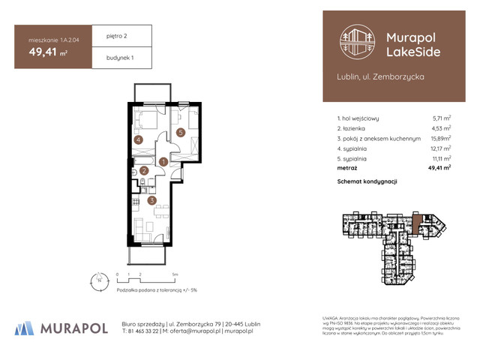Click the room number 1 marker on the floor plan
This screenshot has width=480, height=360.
(163, 161)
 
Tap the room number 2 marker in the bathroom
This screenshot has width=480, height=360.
(145, 171)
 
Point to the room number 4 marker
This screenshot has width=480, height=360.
(138, 139)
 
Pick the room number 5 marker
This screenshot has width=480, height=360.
(181, 133)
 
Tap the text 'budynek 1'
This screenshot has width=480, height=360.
(111, 58)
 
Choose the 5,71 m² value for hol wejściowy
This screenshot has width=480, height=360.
(442, 118)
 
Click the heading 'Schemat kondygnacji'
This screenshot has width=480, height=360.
(367, 181)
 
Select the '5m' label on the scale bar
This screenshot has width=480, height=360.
(173, 275)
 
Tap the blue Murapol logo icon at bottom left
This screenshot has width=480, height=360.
(24, 327)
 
